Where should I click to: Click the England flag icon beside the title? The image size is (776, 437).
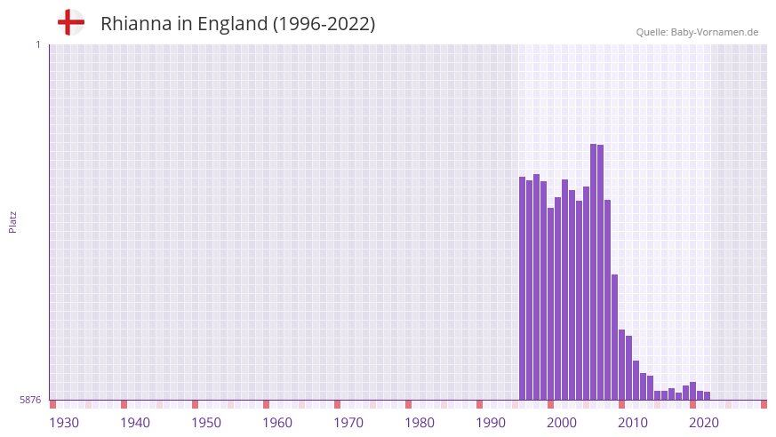[x=70, y=22]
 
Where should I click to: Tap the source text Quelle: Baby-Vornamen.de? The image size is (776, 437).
[x=697, y=32]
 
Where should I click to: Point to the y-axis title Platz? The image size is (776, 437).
[x=12, y=221]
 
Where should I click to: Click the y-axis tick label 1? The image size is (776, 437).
[x=37, y=44]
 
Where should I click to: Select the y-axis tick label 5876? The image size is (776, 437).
[x=30, y=400]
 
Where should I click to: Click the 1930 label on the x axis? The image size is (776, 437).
[x=64, y=423]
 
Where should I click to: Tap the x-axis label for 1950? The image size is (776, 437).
[x=206, y=423]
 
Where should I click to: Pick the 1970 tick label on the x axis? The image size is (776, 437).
[x=348, y=423]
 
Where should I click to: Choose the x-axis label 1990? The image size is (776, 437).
[x=491, y=423]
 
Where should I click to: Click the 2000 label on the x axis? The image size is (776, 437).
[x=562, y=423]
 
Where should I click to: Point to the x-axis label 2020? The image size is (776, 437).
[x=704, y=423]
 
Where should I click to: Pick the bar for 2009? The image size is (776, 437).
[x=615, y=338]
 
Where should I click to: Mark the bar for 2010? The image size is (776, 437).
[x=622, y=365]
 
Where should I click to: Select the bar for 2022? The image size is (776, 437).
[x=708, y=395]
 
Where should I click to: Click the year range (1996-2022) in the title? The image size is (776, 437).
[x=324, y=24]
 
